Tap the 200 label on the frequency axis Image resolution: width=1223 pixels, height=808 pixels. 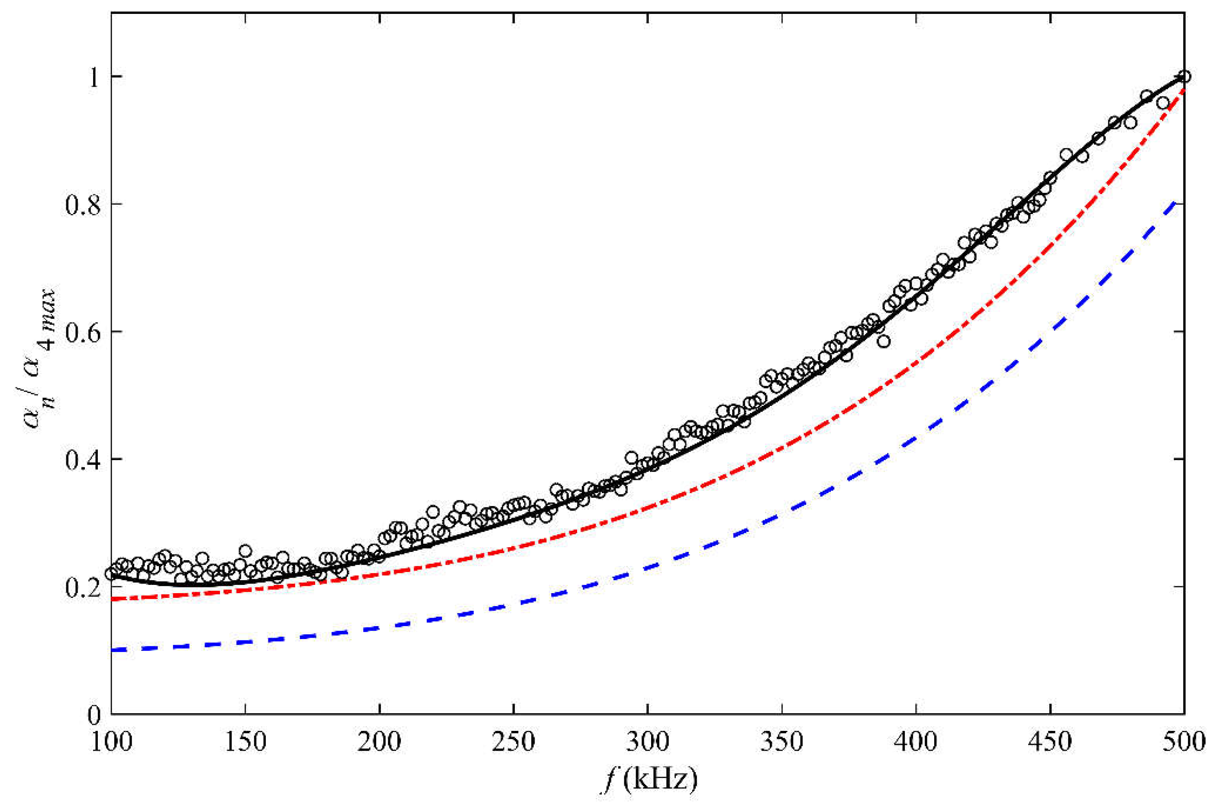380,742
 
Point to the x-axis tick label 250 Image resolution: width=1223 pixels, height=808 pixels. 513,742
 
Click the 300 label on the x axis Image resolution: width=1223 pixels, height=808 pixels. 648,742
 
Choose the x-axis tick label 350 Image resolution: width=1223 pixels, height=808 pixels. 782,742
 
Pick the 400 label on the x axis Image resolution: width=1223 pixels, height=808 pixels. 916,742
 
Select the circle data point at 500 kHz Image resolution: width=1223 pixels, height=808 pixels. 1184,77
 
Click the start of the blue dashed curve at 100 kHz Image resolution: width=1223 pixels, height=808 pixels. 112,650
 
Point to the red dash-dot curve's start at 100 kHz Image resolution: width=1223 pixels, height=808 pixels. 112,599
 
